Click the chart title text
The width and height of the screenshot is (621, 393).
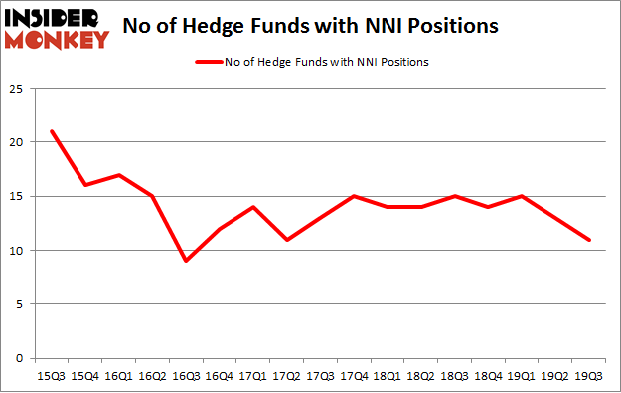(x=310, y=27)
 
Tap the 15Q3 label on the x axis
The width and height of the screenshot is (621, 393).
(x=50, y=377)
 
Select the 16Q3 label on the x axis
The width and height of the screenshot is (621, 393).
(x=185, y=377)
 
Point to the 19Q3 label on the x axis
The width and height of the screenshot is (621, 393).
(x=588, y=377)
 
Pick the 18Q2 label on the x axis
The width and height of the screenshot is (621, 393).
(x=420, y=377)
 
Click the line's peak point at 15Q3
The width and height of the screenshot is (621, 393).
(x=50, y=131)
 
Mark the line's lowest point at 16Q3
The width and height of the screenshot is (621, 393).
(x=185, y=261)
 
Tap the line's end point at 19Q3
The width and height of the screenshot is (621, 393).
(x=588, y=240)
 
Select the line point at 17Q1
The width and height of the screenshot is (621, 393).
(x=252, y=207)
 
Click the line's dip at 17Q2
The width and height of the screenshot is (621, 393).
(x=286, y=240)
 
